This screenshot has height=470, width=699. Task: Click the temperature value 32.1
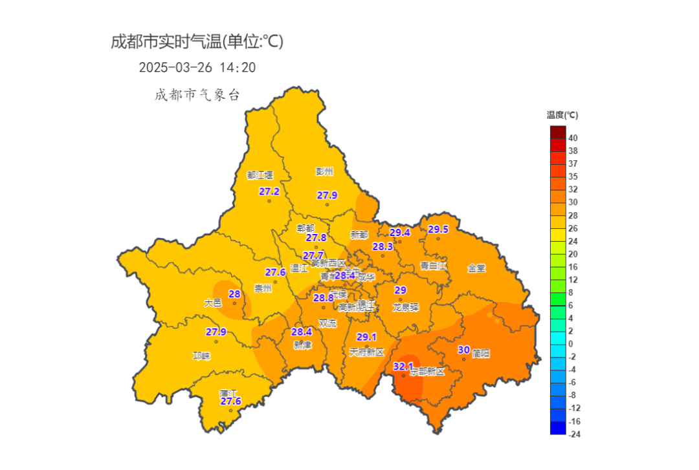403,367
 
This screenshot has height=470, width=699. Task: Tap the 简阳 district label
481,354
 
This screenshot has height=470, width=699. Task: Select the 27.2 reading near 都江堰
269,191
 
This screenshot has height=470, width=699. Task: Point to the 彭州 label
324,171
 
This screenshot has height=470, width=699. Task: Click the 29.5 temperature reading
438,230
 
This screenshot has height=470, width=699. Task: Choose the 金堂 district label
476,268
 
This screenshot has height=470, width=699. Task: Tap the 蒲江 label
228,392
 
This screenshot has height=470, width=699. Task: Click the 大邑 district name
213,303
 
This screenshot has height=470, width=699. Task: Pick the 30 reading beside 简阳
463,350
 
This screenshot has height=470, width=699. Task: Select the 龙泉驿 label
406,308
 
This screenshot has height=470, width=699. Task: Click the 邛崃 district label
202,356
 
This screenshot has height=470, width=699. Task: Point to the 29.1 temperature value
366,337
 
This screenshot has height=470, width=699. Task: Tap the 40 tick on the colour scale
573,138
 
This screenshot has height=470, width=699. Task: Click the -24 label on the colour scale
573,434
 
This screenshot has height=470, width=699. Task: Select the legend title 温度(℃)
562,115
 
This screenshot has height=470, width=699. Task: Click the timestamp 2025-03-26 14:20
197,67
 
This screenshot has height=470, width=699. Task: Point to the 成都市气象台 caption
197,95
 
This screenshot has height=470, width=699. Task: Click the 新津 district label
302,345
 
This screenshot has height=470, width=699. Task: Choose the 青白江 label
434,266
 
